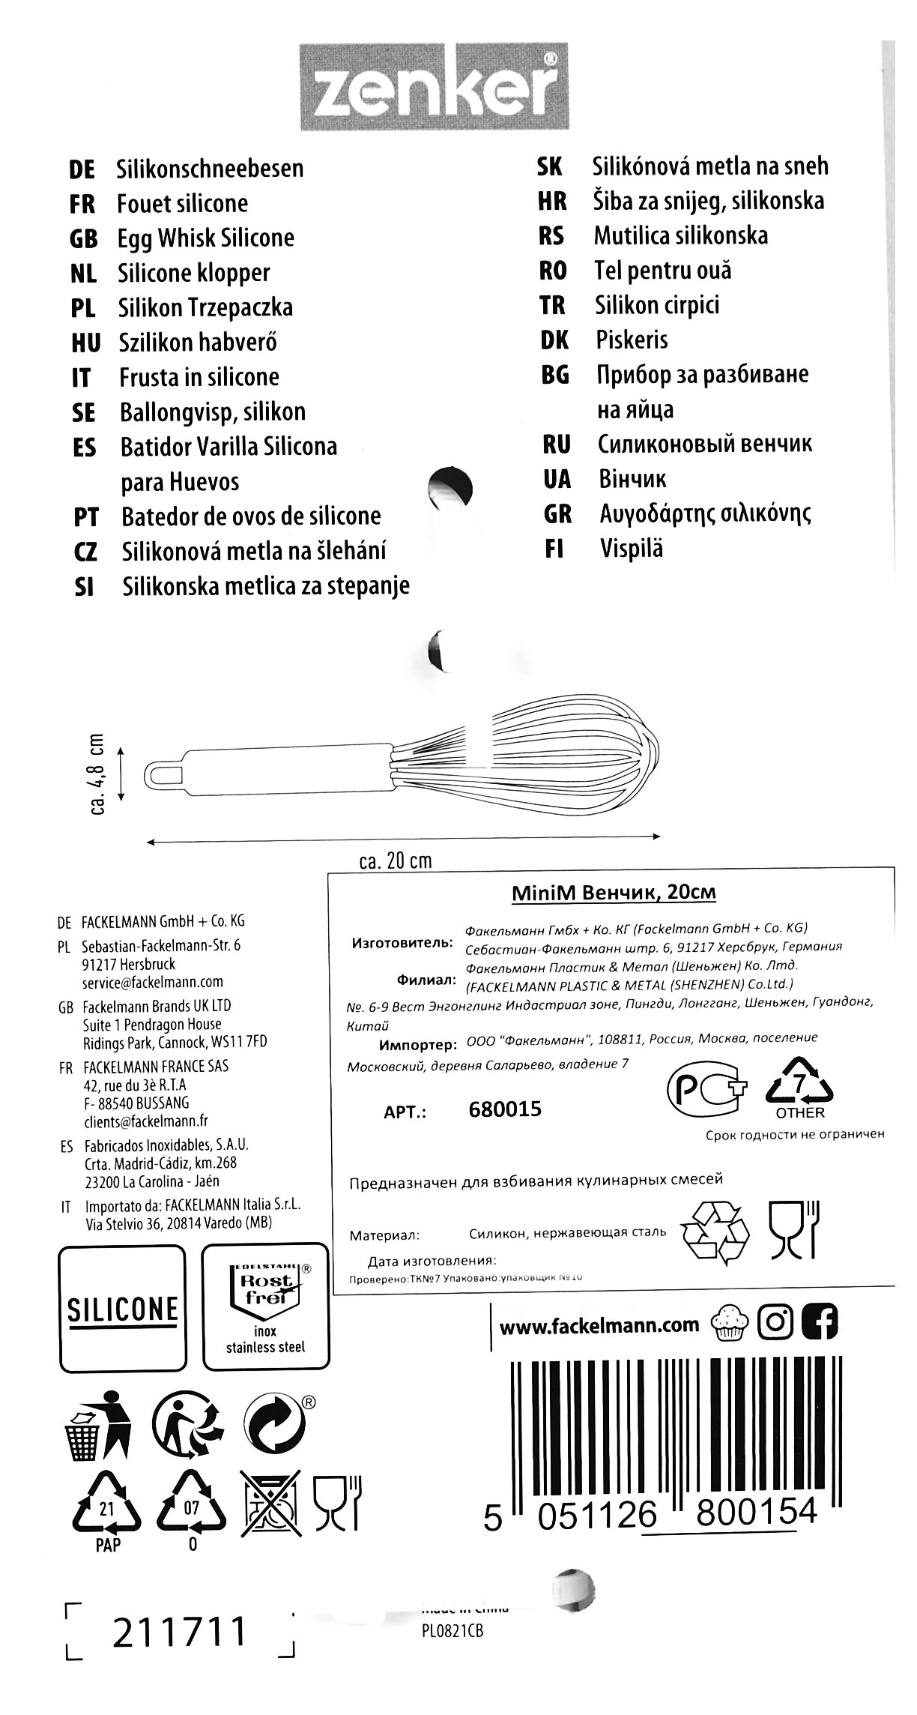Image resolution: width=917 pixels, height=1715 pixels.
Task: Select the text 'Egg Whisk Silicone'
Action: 205,238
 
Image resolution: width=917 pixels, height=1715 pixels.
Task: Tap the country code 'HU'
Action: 86,343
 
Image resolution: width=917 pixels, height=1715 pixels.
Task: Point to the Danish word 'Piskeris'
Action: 632,340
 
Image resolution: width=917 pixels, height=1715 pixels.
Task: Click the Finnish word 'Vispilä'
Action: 631,549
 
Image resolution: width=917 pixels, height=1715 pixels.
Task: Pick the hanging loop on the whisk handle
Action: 164,774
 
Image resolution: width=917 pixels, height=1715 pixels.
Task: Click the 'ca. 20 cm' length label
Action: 396,860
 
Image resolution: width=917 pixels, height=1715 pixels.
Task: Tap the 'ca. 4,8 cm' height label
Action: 98,773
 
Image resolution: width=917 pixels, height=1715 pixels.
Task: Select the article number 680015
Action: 504,1109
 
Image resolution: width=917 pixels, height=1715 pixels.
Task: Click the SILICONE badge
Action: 122,1309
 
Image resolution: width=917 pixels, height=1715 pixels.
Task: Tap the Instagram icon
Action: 775,1323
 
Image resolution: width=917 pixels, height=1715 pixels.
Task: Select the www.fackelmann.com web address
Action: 599,1326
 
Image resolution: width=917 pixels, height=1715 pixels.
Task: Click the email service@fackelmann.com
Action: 153,982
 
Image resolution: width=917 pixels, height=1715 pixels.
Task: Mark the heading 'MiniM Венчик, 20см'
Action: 614,893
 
